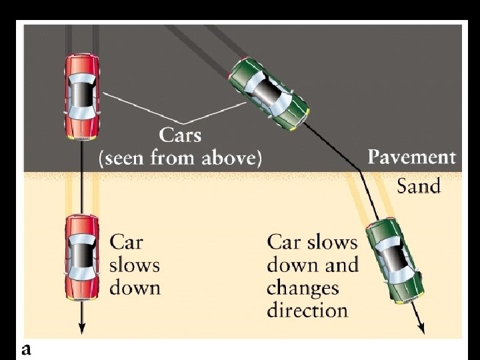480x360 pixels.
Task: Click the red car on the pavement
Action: [x=82, y=97]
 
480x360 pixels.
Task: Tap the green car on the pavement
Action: [x=269, y=93]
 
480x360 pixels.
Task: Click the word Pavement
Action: [x=412, y=157]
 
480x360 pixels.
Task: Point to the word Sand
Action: [x=419, y=185]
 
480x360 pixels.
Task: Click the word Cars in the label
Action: [x=180, y=135]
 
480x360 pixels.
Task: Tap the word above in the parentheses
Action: [x=231, y=159]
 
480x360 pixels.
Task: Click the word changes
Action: [x=303, y=288]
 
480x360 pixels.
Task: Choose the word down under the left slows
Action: [x=135, y=288]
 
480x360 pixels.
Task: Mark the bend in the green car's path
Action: [x=361, y=172]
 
